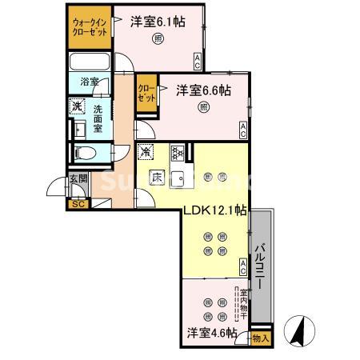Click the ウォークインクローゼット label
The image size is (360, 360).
pyautogui.click(x=87, y=28)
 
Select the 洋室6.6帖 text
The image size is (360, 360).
pyautogui.click(x=203, y=90)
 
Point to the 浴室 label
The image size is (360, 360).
pyautogui.click(x=90, y=82)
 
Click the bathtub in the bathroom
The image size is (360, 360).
pyautogui.click(x=90, y=62)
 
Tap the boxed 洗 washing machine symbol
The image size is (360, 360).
pyautogui.click(x=78, y=106)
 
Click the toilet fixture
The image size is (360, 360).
pyautogui.click(x=85, y=152)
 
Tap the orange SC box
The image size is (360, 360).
pyautogui.click(x=78, y=203)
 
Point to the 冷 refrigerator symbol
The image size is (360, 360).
pyautogui.click(x=146, y=151)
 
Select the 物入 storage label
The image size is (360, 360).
pyautogui.click(x=261, y=338)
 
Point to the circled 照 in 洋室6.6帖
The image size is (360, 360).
pyautogui.click(x=203, y=107)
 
